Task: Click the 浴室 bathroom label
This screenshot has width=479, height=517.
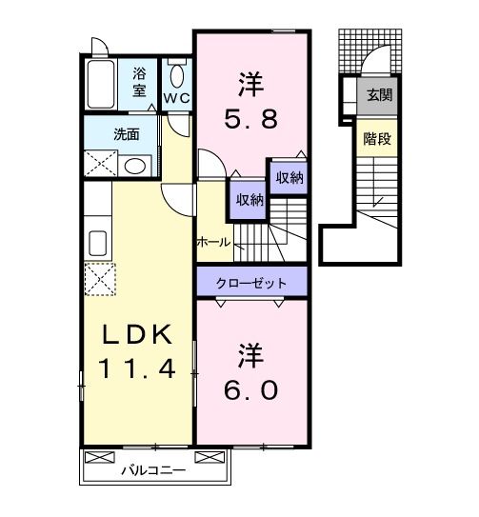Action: click(x=140, y=83)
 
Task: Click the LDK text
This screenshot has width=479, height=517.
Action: click(x=137, y=334)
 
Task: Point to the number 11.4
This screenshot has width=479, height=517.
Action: click(x=137, y=368)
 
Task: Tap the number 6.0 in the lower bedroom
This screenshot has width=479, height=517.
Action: click(x=250, y=389)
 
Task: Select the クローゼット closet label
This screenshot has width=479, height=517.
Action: click(x=252, y=282)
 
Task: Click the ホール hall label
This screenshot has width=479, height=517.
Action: click(x=212, y=242)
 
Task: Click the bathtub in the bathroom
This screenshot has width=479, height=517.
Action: click(x=100, y=85)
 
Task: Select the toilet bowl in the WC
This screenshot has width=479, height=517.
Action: click(x=176, y=76)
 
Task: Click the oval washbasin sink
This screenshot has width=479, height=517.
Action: click(x=135, y=166)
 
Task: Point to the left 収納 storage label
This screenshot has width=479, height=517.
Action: click(x=249, y=199)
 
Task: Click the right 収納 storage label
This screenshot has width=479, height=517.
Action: click(x=289, y=177)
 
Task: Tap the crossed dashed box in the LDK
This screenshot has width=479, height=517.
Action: click(x=99, y=279)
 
